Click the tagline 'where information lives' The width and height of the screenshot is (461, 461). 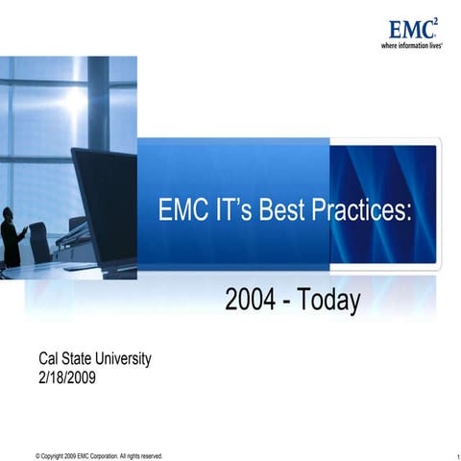point(411,45)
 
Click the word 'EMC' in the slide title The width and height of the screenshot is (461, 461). point(183,210)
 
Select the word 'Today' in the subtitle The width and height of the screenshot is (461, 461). point(328,301)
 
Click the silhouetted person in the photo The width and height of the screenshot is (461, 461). point(11,236)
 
